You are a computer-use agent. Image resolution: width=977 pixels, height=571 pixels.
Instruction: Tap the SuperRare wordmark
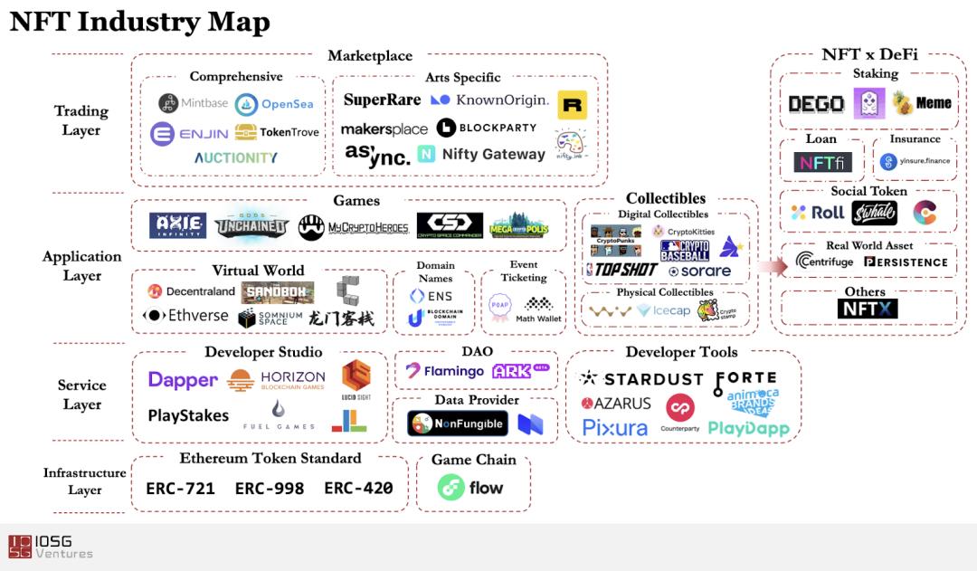click(382, 100)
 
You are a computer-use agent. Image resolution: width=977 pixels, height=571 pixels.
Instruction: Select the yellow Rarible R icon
click(572, 105)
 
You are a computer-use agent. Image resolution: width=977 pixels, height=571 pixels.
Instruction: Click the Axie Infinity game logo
click(177, 225)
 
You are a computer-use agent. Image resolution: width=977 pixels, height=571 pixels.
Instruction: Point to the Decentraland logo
click(193, 291)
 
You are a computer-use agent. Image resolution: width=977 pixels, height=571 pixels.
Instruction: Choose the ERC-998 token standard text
click(269, 489)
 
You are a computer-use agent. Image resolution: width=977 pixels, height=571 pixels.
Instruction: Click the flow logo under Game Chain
click(470, 488)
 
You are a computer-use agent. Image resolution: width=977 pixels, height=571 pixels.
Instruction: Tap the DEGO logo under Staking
click(816, 104)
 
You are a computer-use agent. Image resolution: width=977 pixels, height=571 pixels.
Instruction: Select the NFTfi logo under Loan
click(822, 162)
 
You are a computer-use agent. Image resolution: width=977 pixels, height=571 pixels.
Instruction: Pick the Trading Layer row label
click(81, 120)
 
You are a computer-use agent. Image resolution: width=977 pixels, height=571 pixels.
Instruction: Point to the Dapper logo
click(183, 380)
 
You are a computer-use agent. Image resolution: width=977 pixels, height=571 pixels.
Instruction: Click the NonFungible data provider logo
click(457, 423)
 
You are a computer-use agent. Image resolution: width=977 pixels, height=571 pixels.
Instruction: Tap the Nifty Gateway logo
click(481, 155)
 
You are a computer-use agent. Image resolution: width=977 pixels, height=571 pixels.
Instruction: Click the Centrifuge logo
click(824, 262)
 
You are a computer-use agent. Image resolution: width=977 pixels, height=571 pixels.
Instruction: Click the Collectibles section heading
click(666, 198)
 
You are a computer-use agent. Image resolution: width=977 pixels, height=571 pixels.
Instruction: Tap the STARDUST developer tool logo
click(641, 379)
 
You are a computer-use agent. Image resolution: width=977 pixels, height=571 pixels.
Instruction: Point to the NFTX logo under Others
click(868, 309)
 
